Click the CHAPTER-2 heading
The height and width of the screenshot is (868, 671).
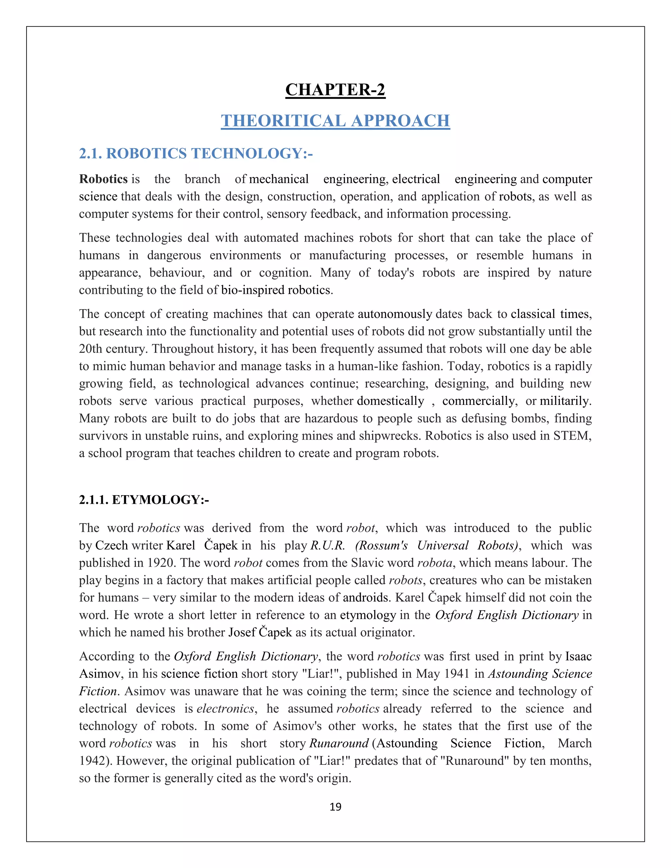point(335,90)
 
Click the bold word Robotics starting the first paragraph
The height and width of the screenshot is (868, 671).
point(103,179)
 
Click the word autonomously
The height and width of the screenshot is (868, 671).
point(395,314)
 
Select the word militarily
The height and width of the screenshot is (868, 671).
point(565,401)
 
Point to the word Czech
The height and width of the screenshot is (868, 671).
point(111,546)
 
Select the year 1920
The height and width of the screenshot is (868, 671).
point(161,563)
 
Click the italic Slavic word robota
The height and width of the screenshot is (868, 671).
point(434,563)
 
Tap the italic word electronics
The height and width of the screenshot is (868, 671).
point(225,708)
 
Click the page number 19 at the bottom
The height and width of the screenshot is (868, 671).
point(335,807)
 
